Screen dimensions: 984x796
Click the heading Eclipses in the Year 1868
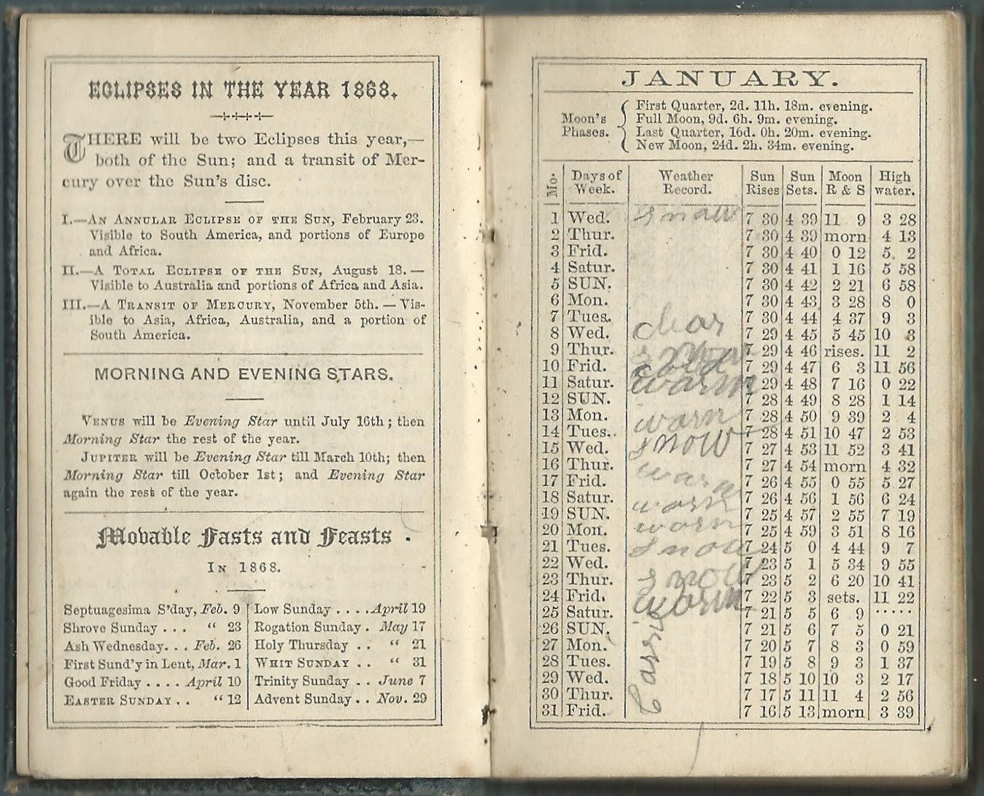(x=243, y=90)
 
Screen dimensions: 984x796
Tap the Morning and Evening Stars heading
(x=244, y=374)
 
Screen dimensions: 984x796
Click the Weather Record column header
(x=685, y=182)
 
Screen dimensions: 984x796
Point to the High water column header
(x=894, y=182)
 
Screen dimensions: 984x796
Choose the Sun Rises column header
(x=762, y=182)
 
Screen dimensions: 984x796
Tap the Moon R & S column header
(x=845, y=182)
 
